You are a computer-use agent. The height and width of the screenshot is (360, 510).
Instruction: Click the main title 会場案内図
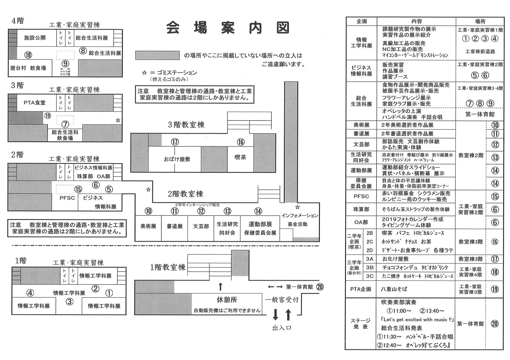click(x=228, y=28)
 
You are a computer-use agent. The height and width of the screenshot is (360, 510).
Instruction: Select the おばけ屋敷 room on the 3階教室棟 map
click(x=177, y=159)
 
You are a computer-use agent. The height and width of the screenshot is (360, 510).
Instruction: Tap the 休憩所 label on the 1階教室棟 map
click(x=227, y=300)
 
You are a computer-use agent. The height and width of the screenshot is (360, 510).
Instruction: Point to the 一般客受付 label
click(x=282, y=300)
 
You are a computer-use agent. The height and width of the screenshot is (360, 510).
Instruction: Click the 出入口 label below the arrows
click(x=282, y=328)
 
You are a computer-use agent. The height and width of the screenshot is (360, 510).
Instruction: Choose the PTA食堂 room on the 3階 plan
click(x=34, y=103)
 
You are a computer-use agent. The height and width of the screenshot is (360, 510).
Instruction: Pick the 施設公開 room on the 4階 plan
click(x=35, y=38)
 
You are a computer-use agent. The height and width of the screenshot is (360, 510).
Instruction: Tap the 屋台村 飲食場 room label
click(x=28, y=68)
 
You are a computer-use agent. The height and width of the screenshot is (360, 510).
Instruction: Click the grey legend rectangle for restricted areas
click(x=157, y=55)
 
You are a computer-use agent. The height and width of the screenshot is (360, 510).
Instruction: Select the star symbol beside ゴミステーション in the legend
click(x=144, y=73)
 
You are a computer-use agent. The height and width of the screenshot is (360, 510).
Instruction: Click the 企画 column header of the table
click(x=361, y=21)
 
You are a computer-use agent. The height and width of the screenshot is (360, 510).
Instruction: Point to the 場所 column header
click(x=480, y=21)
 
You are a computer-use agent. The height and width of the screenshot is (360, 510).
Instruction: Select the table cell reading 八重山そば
click(x=394, y=289)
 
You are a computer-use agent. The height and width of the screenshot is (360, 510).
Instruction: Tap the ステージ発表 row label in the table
click(x=361, y=324)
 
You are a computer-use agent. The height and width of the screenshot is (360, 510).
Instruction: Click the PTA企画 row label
click(x=361, y=289)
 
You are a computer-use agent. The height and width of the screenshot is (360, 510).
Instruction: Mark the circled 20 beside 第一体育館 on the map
click(x=320, y=287)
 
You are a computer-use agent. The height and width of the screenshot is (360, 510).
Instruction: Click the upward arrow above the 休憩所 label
click(x=220, y=286)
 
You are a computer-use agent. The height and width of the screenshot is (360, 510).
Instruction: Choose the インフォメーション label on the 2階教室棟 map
click(x=299, y=216)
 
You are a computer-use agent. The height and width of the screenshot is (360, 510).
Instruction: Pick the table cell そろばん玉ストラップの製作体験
click(x=416, y=209)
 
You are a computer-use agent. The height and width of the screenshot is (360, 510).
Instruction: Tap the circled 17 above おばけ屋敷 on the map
click(x=175, y=142)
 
